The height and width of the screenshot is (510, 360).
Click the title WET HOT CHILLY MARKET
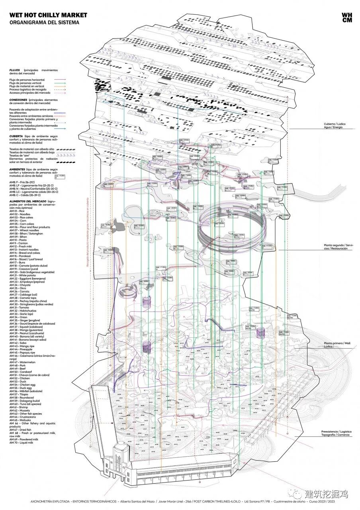tap(48, 15)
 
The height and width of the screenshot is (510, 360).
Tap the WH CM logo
tap(346, 18)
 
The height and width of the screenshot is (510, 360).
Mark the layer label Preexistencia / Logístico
tap(336, 432)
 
